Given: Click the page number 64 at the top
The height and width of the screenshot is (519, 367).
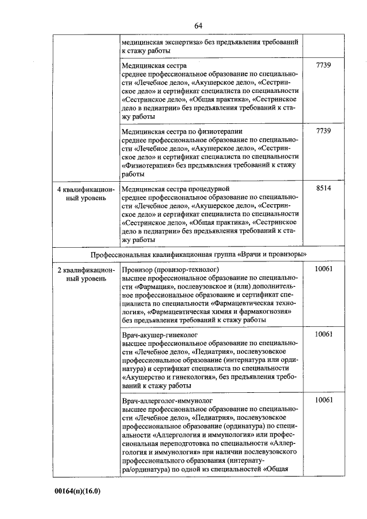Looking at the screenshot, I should coord(198,25).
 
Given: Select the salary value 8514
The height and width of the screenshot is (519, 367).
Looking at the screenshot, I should coord(323,188).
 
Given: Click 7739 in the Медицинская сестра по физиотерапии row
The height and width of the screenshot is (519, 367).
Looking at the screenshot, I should coord(323,131).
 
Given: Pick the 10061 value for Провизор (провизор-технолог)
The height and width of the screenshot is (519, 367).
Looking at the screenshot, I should coord(323,269).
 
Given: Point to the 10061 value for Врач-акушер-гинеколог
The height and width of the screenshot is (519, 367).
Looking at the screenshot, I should coord(323,334).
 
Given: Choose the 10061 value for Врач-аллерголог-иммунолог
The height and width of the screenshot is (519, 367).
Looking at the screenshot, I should coord(323,400).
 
